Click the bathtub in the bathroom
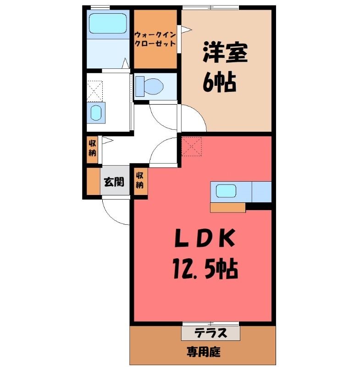click(108, 23)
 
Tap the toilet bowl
click(154, 86)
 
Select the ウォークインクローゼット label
click(155, 39)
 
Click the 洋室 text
click(225, 52)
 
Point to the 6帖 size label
click(219, 81)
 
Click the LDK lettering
click(205, 238)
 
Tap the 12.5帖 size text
click(205, 269)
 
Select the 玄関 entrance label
click(114, 182)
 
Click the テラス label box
click(210, 333)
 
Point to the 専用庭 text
click(204, 352)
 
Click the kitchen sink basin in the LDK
click(226, 191)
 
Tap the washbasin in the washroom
click(96, 113)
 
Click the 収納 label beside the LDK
click(140, 180)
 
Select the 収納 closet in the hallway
click(92, 150)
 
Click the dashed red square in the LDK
click(192, 146)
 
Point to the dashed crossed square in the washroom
click(95, 91)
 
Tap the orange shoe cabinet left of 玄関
click(94, 181)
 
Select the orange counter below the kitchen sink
click(228, 207)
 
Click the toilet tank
click(140, 86)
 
